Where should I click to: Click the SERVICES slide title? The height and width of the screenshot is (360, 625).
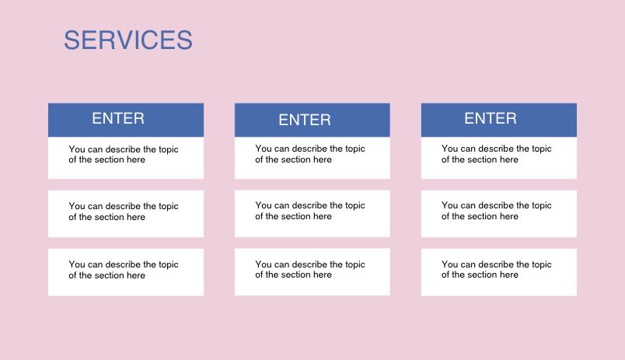128,40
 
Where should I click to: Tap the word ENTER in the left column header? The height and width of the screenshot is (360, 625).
118,118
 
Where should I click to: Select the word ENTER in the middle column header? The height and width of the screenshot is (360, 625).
305,120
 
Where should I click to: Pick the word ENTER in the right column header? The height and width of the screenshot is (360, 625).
491,118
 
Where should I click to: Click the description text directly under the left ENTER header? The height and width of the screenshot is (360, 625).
123,154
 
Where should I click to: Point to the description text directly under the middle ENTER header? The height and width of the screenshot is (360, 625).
309,154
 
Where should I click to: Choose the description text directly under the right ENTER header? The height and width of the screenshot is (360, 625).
496,154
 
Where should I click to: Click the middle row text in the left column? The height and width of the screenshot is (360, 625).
123,211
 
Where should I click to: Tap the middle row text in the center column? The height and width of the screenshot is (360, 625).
309,211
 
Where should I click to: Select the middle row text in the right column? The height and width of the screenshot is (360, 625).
496,211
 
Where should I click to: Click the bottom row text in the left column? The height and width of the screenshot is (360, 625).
123,270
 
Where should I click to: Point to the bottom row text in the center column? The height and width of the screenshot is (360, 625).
309,269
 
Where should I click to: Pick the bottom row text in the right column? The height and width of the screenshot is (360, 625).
496,269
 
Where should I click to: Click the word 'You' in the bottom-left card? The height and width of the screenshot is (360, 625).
76,264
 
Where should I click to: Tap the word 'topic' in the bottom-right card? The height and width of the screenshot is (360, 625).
541,264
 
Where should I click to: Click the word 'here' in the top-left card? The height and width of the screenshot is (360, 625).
135,159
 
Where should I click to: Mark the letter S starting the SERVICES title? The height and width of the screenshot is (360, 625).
72,40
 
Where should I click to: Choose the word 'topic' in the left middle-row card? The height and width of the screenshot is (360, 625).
168,207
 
